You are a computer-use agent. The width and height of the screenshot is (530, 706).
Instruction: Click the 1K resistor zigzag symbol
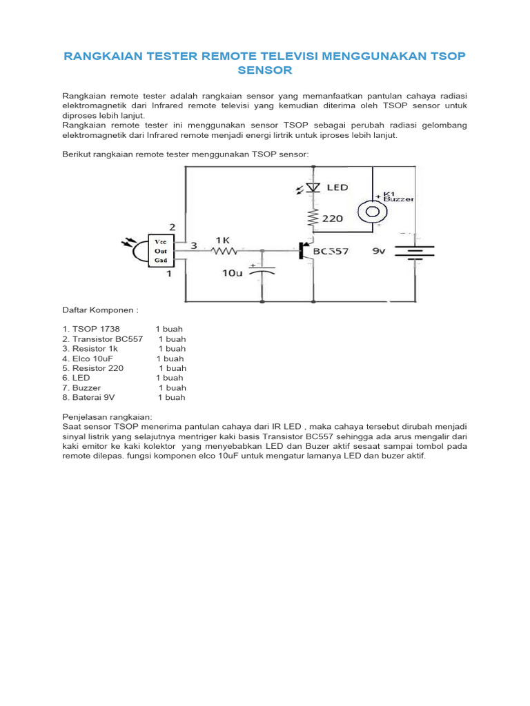point(224,251)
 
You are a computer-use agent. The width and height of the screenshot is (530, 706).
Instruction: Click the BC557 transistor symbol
point(304,251)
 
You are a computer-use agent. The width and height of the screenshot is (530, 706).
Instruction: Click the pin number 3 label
point(194,245)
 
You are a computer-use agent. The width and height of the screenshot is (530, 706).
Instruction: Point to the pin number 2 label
point(173,227)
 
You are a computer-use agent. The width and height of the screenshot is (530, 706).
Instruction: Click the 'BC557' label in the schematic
point(331,252)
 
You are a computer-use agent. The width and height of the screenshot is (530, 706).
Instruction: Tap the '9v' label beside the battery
point(379,252)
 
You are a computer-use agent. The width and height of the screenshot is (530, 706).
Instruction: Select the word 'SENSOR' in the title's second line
point(265,70)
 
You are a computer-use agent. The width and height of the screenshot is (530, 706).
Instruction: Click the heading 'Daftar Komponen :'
point(101,310)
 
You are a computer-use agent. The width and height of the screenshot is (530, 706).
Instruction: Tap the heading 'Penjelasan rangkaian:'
point(106,418)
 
